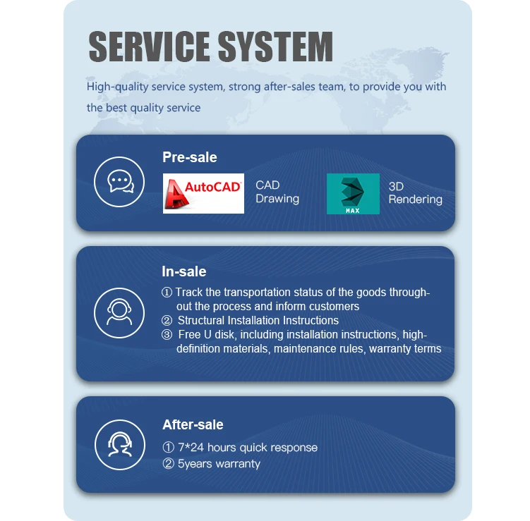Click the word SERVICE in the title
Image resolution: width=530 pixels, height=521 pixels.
pyautogui.click(x=146, y=47)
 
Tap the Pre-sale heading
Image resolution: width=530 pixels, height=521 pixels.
pyautogui.click(x=189, y=157)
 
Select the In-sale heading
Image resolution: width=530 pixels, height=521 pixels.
pyautogui.click(x=183, y=271)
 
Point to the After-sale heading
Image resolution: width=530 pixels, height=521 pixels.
pyautogui.click(x=192, y=424)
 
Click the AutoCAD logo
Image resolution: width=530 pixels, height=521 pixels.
pyautogui.click(x=203, y=193)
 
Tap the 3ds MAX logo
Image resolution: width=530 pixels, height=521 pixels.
pyautogui.click(x=353, y=194)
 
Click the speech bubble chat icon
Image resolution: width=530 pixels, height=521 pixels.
pyautogui.click(x=120, y=182)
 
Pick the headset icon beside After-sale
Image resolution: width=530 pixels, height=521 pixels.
pyautogui.click(x=120, y=444)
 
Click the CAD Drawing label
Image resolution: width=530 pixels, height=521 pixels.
pyautogui.click(x=277, y=192)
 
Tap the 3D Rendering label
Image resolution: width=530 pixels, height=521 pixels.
pyautogui.click(x=415, y=192)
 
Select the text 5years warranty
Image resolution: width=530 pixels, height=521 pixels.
pyautogui.click(x=219, y=464)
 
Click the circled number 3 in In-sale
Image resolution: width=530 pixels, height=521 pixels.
pyautogui.click(x=167, y=334)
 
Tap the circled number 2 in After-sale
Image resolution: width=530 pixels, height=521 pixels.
pyautogui.click(x=168, y=464)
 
